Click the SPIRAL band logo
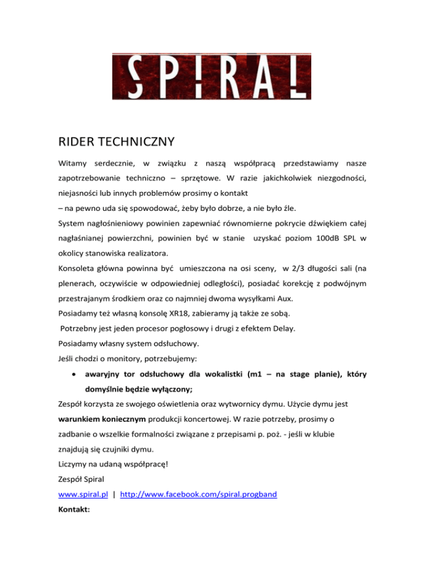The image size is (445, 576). (x=211, y=76)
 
